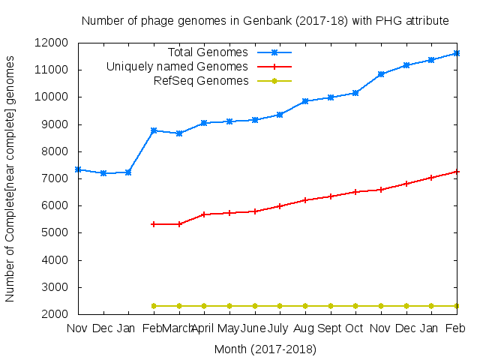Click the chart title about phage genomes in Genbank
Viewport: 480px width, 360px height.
click(x=265, y=21)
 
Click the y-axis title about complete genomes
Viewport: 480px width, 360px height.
click(x=10, y=178)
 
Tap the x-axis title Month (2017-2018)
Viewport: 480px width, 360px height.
click(x=265, y=349)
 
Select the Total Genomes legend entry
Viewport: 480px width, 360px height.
click(x=208, y=52)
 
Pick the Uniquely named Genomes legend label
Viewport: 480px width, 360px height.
click(x=177, y=67)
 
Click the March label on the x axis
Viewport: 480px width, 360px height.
click(x=178, y=328)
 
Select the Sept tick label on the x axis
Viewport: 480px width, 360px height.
click(x=330, y=328)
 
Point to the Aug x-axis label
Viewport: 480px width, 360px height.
click(x=304, y=328)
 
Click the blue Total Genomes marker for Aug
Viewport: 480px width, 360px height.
click(x=305, y=101)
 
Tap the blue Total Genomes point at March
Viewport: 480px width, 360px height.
click(x=179, y=133)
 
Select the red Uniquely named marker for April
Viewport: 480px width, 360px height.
click(x=204, y=214)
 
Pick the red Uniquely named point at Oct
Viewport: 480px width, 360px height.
click(x=355, y=192)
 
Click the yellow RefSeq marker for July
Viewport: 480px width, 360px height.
click(x=280, y=306)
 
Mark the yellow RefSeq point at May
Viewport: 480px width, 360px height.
click(x=229, y=306)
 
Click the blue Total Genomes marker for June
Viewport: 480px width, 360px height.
click(x=255, y=120)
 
